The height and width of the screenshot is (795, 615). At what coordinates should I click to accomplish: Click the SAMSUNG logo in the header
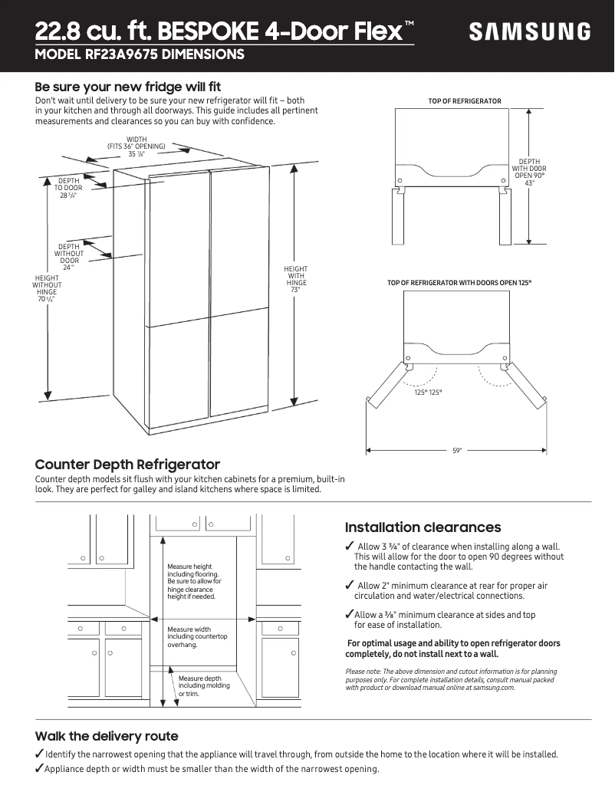click(x=530, y=31)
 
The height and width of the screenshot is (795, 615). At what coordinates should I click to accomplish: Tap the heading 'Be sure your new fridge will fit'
click(x=128, y=87)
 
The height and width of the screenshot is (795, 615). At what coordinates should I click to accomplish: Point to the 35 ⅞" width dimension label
click(x=136, y=154)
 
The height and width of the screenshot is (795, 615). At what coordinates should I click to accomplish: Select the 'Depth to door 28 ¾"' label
click(x=68, y=188)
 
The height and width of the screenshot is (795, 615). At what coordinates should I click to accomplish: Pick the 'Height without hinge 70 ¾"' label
click(x=47, y=288)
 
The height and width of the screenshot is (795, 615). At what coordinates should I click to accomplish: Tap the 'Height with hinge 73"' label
click(x=295, y=280)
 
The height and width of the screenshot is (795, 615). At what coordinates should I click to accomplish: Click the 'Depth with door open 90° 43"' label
click(x=528, y=172)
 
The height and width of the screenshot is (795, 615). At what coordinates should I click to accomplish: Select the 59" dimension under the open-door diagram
click(x=457, y=451)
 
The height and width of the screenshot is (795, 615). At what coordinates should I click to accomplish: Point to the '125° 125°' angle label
click(x=428, y=393)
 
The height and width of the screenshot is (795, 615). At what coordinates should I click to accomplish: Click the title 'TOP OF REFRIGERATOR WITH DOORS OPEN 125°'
click(x=459, y=283)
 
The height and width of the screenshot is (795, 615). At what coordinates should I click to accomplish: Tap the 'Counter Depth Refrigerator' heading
click(x=127, y=465)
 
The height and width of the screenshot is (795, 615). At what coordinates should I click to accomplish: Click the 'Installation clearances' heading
click(x=423, y=527)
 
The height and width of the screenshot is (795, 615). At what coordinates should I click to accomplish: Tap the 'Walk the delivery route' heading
click(x=107, y=736)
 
